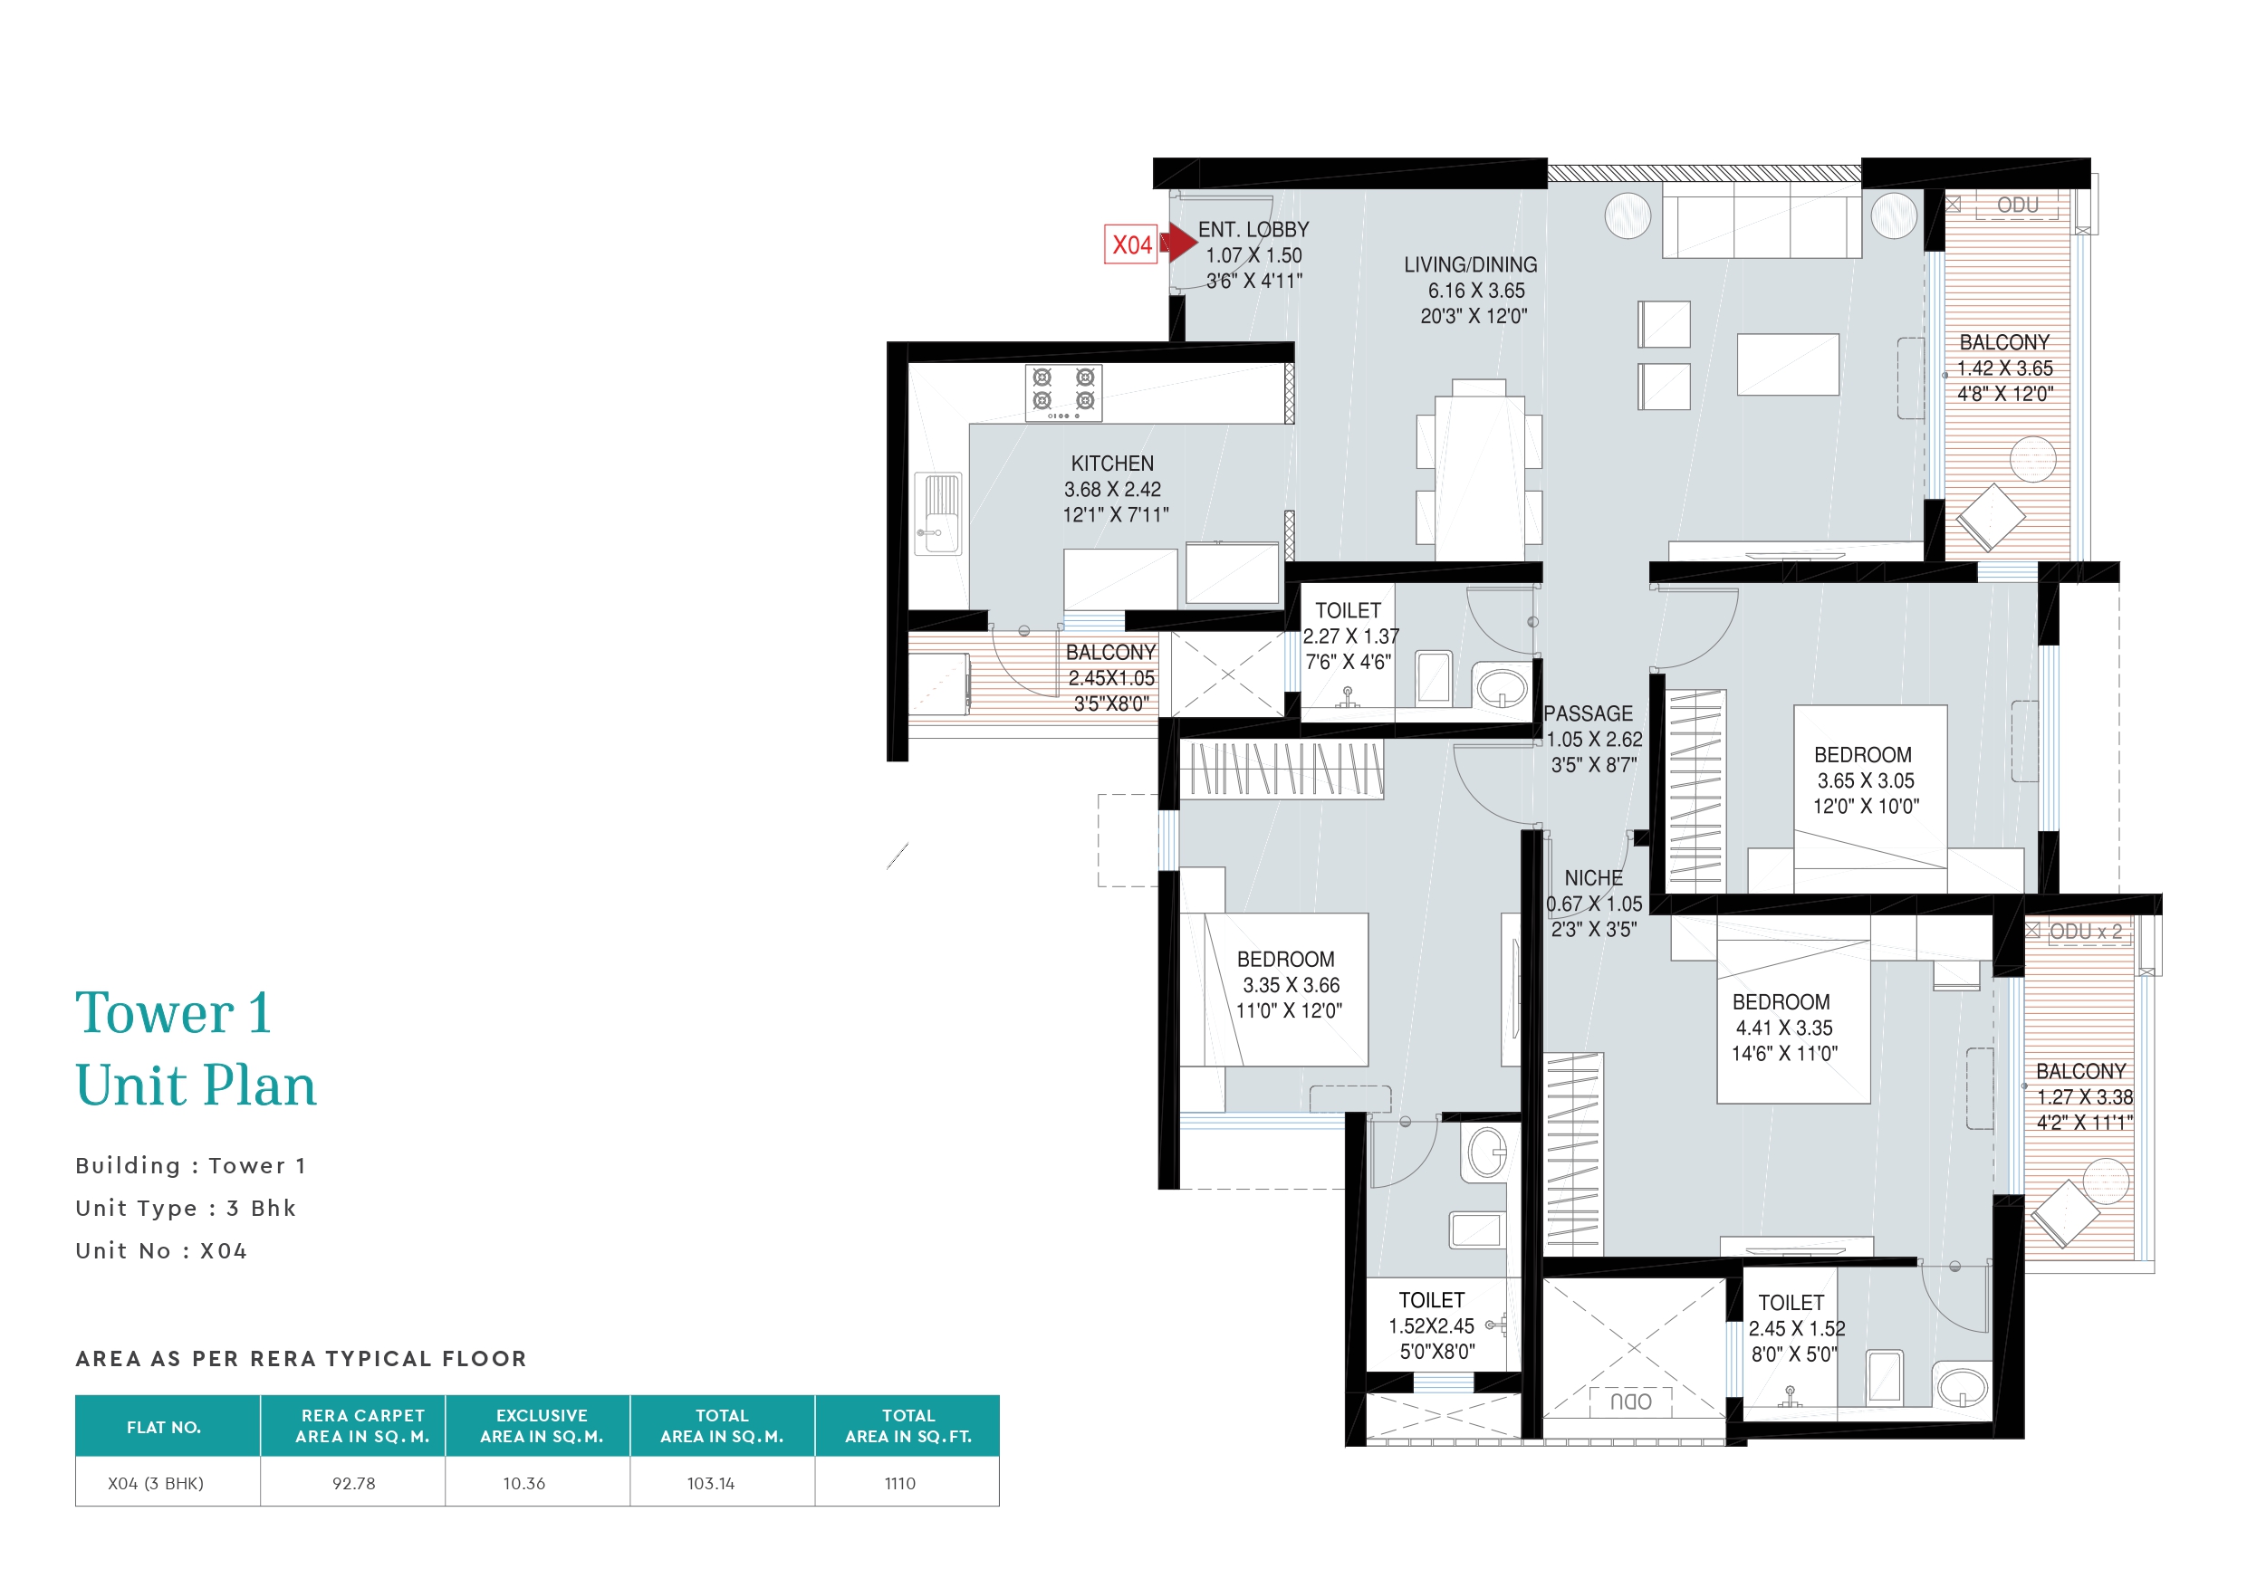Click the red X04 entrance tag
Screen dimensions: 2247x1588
click(x=1131, y=244)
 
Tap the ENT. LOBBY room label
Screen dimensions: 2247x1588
click(x=1253, y=230)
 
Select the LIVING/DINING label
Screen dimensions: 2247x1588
click(x=1470, y=265)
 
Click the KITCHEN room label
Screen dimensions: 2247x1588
click(x=1112, y=464)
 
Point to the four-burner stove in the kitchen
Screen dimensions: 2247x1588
click(x=1064, y=393)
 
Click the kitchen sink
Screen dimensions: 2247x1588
click(x=938, y=512)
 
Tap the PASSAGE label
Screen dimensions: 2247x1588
click(x=1589, y=714)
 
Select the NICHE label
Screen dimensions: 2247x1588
click(x=1593, y=878)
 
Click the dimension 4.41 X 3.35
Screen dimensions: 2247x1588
click(x=1784, y=1028)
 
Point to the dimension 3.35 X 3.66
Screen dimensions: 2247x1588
click(x=1291, y=985)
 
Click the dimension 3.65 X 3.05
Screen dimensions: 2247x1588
click(x=1866, y=780)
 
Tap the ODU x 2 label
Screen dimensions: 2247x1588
click(x=2086, y=932)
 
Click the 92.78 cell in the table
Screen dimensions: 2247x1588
click(x=353, y=1483)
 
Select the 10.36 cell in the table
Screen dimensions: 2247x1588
click(x=523, y=1483)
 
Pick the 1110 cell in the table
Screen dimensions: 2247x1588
click(x=899, y=1483)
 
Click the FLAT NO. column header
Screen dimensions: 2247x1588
click(x=163, y=1428)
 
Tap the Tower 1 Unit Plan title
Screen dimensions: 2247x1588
click(x=196, y=1049)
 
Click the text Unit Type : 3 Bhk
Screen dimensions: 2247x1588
click(x=186, y=1209)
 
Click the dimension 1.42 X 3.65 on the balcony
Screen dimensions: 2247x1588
click(x=2004, y=368)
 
